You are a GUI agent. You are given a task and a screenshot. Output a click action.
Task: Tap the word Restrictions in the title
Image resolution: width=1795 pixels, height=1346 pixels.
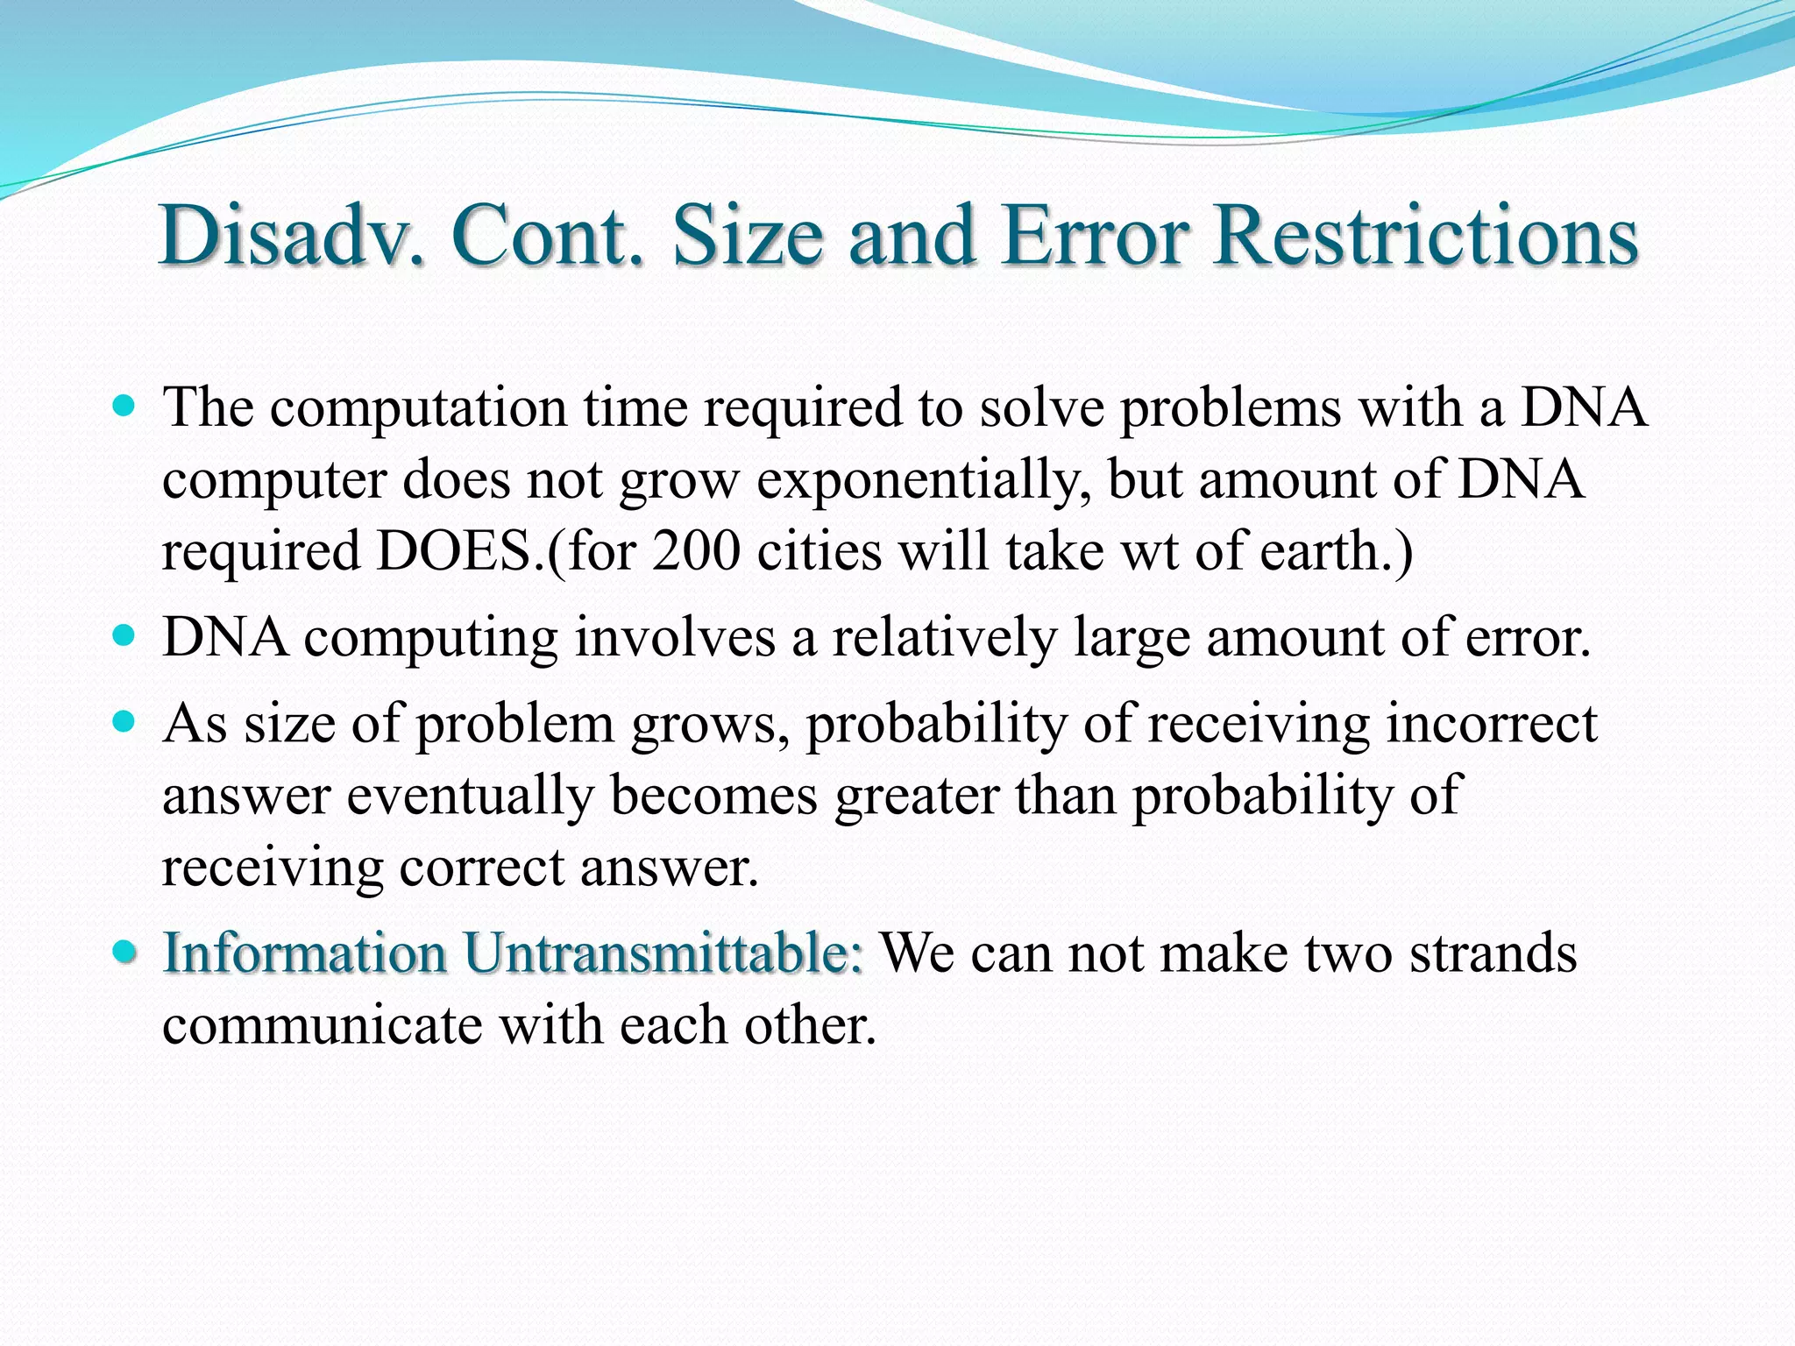(1426, 235)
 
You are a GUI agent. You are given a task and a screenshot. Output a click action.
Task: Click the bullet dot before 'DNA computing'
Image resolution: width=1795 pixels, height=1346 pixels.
(125, 634)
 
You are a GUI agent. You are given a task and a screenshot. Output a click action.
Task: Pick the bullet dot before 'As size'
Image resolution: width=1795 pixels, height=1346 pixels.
(125, 722)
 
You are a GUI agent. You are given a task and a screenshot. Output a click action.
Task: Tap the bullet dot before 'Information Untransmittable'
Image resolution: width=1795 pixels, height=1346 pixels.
(125, 951)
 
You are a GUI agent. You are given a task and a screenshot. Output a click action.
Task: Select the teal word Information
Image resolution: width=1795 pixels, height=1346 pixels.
(305, 953)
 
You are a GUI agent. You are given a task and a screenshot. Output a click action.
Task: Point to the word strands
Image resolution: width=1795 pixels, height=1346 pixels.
(1493, 953)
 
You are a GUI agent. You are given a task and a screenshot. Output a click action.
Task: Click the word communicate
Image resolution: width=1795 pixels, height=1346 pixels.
(322, 1024)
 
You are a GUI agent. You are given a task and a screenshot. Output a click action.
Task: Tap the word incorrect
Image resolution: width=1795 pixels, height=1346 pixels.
(1492, 725)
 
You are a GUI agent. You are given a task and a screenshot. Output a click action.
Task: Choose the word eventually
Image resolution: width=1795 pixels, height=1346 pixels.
(470, 796)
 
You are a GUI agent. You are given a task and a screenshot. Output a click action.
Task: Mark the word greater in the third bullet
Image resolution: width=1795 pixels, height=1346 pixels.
(916, 796)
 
